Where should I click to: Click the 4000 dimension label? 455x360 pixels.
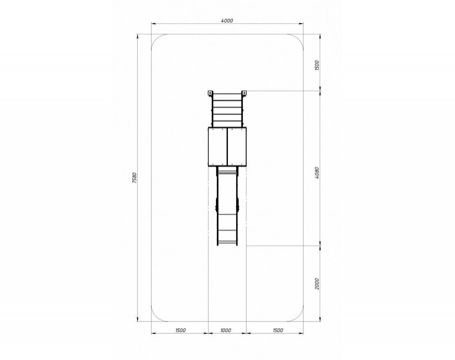tap(227, 20)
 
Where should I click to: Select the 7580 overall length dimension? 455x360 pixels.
tap(134, 178)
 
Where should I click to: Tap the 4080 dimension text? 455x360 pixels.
tap(317, 173)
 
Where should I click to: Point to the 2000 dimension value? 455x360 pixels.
tap(317, 283)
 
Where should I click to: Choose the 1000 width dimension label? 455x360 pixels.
tap(226, 330)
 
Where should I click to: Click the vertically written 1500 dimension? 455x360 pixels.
tap(317, 66)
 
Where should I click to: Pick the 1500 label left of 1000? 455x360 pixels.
tap(180, 330)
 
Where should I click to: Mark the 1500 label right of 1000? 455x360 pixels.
tap(278, 330)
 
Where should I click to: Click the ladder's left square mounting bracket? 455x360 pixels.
tap(210, 93)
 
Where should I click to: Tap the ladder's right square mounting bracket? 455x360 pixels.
tap(244, 93)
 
